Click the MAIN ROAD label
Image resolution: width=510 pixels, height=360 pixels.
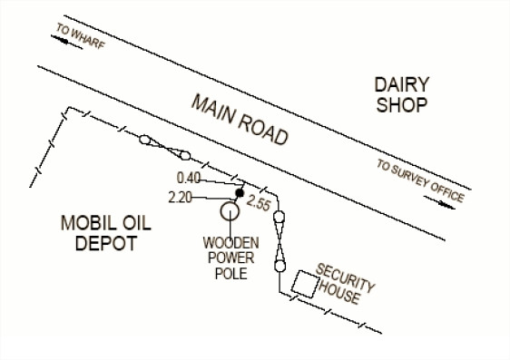(240, 120)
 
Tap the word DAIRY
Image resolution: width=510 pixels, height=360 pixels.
(402, 85)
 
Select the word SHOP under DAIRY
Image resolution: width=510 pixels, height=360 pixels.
(402, 105)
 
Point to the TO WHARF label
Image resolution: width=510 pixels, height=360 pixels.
(81, 35)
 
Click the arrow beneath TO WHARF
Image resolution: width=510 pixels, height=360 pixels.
(66, 42)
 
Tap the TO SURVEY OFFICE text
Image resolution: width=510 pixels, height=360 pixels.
(420, 180)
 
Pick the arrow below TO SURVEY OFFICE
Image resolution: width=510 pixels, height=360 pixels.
(439, 203)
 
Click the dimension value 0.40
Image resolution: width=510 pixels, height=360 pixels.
(189, 178)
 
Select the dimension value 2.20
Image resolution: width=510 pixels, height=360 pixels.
(181, 197)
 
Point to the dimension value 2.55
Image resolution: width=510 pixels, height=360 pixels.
(259, 203)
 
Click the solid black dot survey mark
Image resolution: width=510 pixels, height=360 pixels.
(240, 193)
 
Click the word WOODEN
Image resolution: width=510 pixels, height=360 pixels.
(230, 243)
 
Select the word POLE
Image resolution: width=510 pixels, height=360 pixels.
(231, 274)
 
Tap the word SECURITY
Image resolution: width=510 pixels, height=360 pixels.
(346, 277)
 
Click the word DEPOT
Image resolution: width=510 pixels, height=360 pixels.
(105, 243)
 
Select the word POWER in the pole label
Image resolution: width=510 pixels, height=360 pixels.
(231, 258)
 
